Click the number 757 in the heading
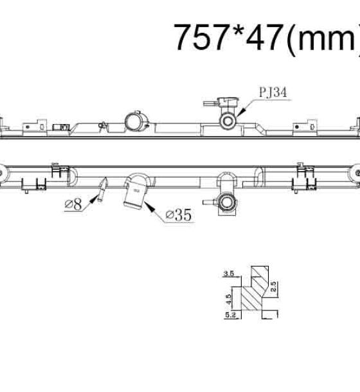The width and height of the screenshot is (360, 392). coord(200,37)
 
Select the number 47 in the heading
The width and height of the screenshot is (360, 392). coord(265,37)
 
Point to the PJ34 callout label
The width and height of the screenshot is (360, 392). coord(273,92)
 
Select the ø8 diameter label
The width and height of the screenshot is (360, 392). coord(73,204)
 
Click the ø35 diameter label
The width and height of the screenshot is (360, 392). coord(179,215)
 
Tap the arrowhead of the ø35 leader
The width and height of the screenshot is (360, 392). coord(148,206)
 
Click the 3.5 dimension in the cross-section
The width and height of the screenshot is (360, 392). coord(229,274)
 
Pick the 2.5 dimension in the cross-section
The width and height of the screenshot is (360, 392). coord(273,287)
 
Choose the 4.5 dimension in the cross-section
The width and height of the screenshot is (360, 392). coord(228,299)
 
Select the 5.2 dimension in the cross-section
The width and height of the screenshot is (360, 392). coord(230,315)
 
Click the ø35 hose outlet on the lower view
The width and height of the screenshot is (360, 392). coord(134,193)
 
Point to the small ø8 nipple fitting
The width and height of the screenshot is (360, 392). coord(103,190)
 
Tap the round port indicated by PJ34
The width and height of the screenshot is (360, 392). coord(228,121)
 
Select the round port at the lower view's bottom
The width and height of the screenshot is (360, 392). coord(226,202)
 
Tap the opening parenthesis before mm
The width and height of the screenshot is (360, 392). coord(291,40)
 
